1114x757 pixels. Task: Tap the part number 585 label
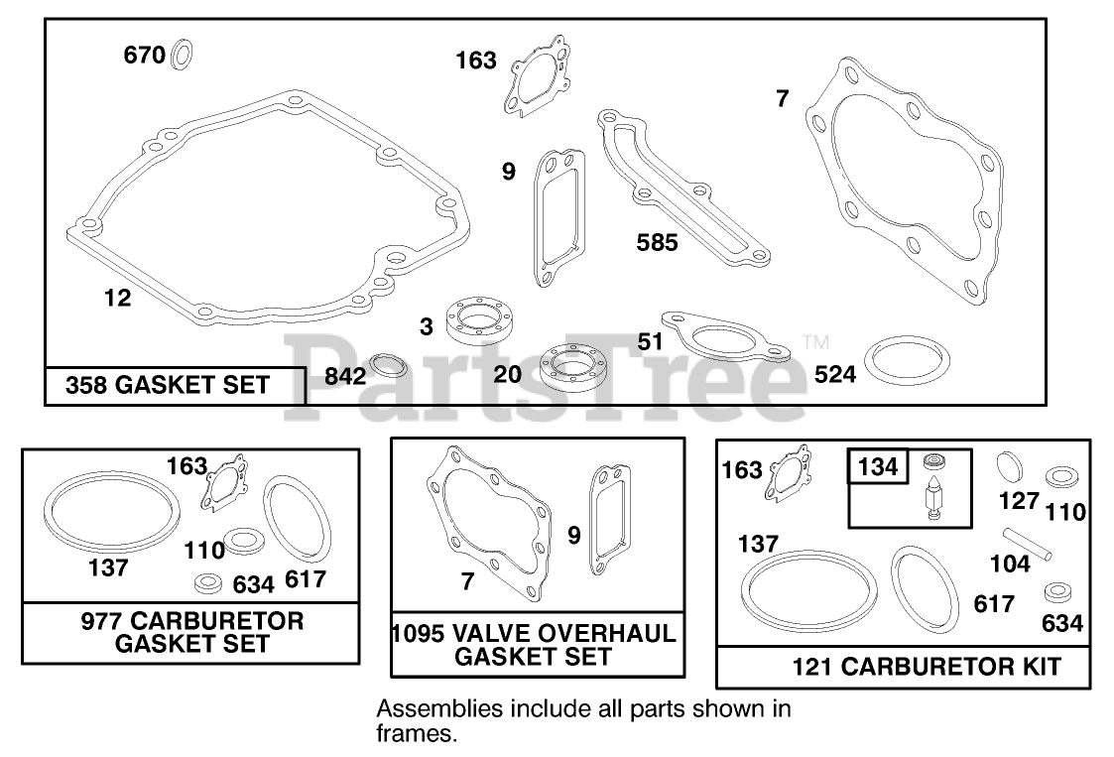657,242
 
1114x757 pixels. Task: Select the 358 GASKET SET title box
176,386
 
